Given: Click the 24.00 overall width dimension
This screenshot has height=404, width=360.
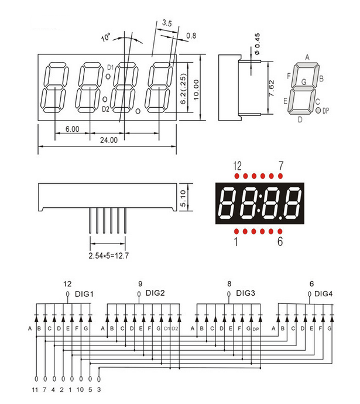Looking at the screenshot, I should [108, 141].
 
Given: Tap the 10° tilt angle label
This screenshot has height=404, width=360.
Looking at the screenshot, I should [106, 38].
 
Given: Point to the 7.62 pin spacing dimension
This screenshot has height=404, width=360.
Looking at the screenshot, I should [271, 86].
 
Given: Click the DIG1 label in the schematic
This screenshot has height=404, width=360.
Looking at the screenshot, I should [84, 293].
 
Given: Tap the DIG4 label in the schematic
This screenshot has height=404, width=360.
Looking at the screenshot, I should [324, 293].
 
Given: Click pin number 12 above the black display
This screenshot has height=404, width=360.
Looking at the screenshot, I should [237, 166].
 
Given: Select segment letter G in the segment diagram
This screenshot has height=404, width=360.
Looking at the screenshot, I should [303, 82].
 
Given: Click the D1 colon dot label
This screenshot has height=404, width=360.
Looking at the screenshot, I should [109, 68].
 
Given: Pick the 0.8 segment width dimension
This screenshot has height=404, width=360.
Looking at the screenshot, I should [191, 36].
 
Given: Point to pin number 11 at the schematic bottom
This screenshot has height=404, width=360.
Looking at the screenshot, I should [36, 389].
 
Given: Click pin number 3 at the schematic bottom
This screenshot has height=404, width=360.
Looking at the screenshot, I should [100, 389].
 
